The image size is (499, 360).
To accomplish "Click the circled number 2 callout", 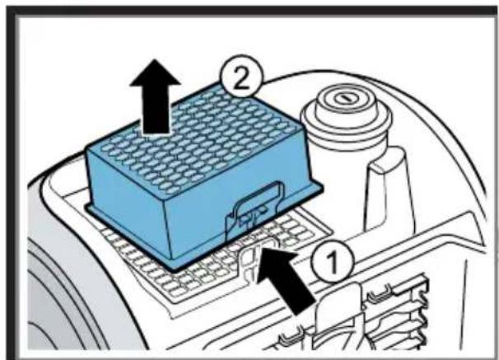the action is (242, 77).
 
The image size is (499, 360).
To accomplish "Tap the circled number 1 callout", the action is (332, 261).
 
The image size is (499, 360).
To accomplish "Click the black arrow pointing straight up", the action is (155, 96).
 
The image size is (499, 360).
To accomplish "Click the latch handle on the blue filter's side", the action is (254, 207).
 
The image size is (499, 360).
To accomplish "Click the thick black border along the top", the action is (251, 12).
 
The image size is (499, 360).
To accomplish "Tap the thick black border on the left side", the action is (12, 183).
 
